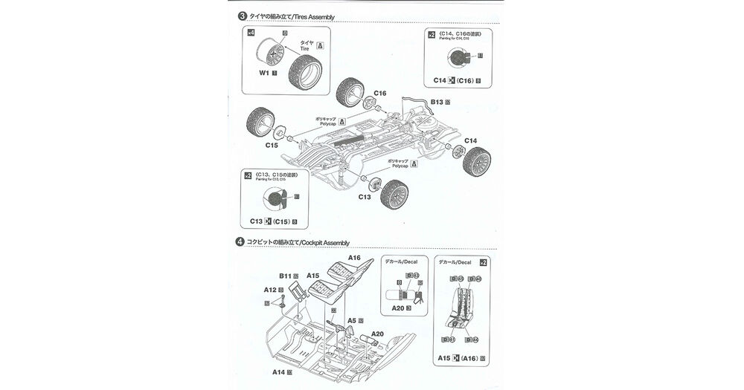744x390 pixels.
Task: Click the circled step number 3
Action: click(242, 16)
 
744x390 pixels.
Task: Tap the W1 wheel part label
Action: click(264, 74)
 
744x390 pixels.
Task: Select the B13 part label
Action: click(438, 101)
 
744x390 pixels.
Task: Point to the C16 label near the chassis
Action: click(379, 93)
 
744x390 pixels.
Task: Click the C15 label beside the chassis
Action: click(272, 146)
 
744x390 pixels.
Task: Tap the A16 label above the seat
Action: click(354, 258)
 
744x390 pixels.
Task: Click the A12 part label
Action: click(269, 290)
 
